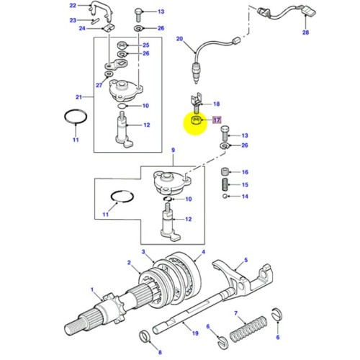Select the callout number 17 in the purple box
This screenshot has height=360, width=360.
[216, 120]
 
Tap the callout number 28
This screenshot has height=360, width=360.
[305, 33]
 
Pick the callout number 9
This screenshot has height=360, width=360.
[173, 150]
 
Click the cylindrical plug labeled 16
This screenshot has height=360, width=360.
[225, 172]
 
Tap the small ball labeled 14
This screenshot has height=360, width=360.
[225, 196]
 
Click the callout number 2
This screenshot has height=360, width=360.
[128, 263]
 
